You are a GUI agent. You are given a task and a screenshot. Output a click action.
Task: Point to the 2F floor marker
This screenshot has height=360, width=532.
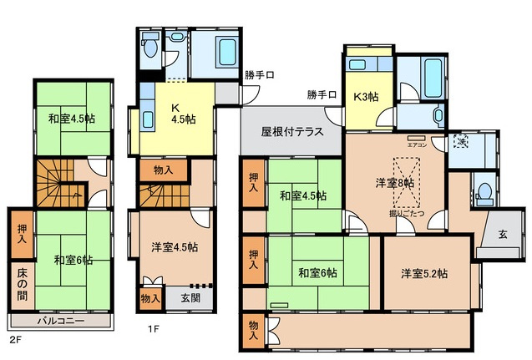(x=14, y=341)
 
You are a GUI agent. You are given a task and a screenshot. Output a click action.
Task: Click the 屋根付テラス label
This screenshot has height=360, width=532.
(x=291, y=131)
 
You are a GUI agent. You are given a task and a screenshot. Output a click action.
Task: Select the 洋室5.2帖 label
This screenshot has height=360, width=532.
(x=423, y=273)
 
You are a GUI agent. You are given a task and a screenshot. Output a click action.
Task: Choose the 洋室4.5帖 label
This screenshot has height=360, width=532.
(x=175, y=246)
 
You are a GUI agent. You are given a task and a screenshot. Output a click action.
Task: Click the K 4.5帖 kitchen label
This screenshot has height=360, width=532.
(x=182, y=113)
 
